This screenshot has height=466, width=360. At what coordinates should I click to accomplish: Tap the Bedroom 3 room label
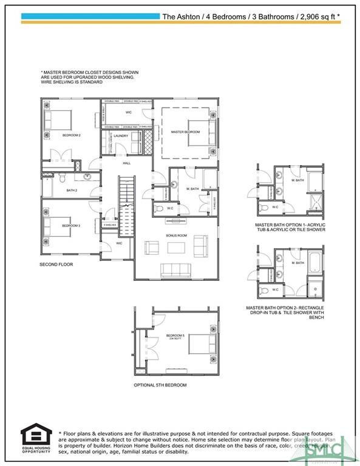click(71, 226)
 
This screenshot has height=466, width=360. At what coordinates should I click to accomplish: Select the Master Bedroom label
click(185, 132)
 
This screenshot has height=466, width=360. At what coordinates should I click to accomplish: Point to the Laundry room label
click(121, 136)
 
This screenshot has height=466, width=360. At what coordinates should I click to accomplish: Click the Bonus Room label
click(175, 234)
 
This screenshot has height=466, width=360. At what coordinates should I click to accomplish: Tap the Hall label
click(126, 163)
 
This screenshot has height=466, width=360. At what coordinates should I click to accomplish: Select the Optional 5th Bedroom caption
click(160, 385)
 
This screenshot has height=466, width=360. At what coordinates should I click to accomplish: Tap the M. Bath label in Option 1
click(297, 180)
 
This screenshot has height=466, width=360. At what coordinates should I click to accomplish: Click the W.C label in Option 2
click(275, 289)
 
